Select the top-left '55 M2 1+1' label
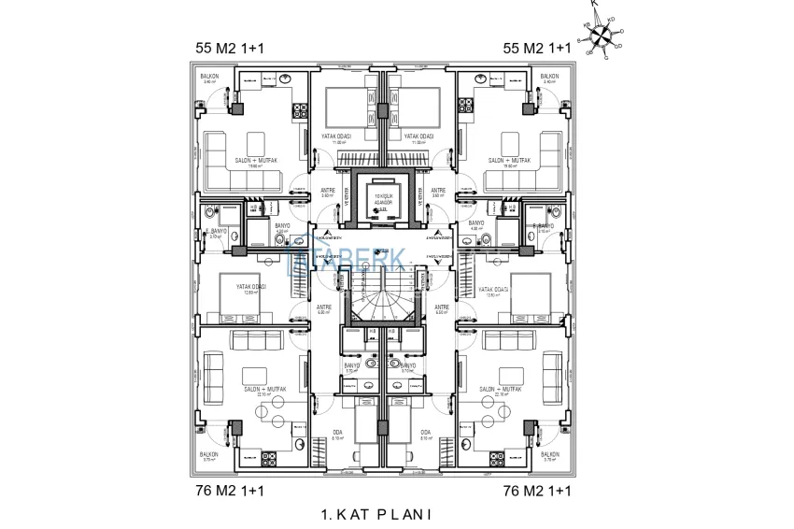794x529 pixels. (x=228, y=47)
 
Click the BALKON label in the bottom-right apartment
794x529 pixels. (x=551, y=453)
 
